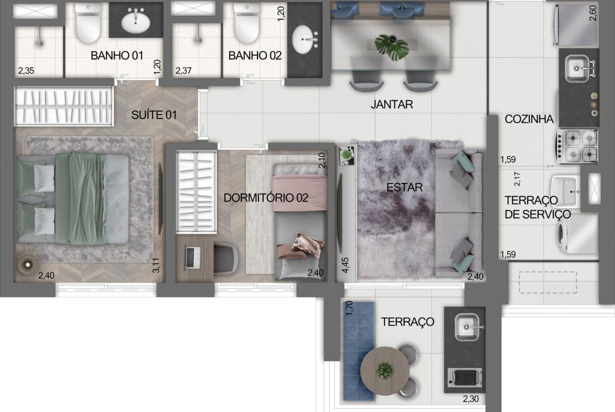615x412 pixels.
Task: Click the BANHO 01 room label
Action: pos(117,56)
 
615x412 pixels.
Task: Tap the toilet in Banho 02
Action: pos(247,23)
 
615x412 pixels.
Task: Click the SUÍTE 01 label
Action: pos(153,115)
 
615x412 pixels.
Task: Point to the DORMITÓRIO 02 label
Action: pos(266,198)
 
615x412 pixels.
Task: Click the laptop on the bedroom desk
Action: pos(192,257)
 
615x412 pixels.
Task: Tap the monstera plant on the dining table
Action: pos(392,47)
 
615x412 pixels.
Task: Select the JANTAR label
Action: pos(392,104)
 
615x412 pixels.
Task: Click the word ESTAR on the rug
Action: pos(404,187)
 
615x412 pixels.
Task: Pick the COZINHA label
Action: pos(529,119)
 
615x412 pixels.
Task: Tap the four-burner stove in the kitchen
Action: pos(577,146)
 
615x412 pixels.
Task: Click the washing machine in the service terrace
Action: pos(577,235)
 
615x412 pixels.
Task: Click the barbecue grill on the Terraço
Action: pos(465,378)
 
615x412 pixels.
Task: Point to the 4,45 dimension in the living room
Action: pos(345,265)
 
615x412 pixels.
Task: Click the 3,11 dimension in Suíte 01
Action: pos(156,265)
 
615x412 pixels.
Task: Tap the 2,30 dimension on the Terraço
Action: pos(470,399)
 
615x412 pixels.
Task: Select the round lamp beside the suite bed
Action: pos(27,265)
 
